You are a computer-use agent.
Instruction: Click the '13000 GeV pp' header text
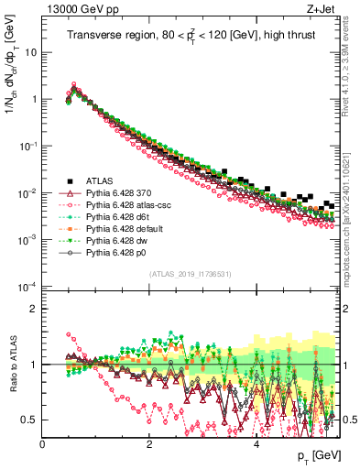tap(80, 10)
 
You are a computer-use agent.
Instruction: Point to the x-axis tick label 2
tap(148, 443)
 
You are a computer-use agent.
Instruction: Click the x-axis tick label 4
tap(256, 443)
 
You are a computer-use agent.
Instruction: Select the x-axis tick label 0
tap(42, 443)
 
